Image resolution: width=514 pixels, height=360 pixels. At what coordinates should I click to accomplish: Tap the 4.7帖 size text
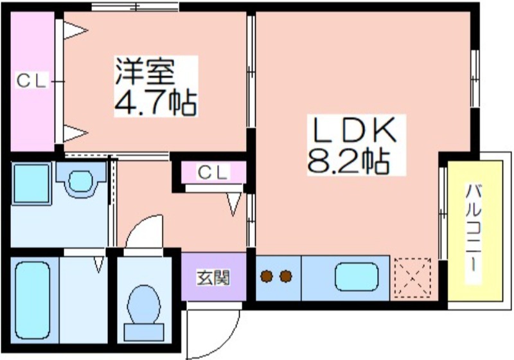pyautogui.click(x=155, y=102)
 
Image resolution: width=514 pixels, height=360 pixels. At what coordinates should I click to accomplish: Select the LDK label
pyautogui.click(x=355, y=129)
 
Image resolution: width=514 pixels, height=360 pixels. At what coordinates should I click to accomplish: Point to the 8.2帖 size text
pyautogui.click(x=349, y=161)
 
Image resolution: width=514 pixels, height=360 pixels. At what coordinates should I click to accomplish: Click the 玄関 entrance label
pyautogui.click(x=213, y=278)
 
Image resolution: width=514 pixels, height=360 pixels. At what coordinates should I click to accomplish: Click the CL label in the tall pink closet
pyautogui.click(x=31, y=80)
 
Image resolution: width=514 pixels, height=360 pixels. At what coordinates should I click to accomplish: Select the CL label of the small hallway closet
pyautogui.click(x=213, y=172)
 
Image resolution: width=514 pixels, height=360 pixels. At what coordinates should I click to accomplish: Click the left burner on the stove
pyautogui.click(x=267, y=276)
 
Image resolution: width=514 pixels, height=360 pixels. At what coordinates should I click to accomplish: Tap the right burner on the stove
pyautogui.click(x=286, y=276)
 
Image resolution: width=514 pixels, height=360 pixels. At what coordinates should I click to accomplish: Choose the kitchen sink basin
pyautogui.click(x=357, y=277)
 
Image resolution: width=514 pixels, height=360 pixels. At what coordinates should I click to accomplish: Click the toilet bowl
pyautogui.click(x=143, y=304)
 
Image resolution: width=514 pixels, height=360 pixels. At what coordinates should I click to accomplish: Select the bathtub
pyautogui.click(x=33, y=300)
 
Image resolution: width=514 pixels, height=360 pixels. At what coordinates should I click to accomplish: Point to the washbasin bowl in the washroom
pyautogui.click(x=81, y=181)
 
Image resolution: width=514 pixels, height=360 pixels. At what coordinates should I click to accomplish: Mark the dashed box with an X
pyautogui.click(x=412, y=278)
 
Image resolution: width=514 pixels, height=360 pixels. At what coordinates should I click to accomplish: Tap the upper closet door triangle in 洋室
pyautogui.click(x=75, y=31)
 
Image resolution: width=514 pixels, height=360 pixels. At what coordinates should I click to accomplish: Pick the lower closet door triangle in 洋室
pyautogui.click(x=75, y=133)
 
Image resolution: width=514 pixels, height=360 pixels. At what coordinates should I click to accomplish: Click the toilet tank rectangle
pyautogui.click(x=144, y=332)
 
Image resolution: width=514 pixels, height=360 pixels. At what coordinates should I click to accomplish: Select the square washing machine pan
pyautogui.click(x=31, y=184)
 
